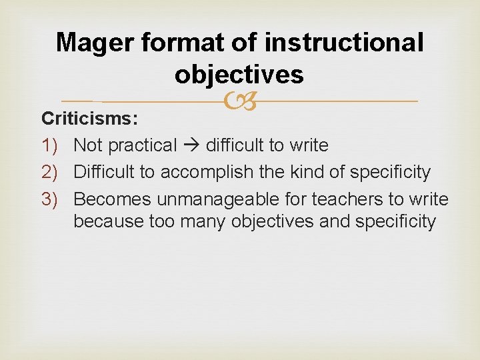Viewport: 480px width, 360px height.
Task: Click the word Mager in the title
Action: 95,43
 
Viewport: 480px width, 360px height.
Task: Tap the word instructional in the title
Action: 344,43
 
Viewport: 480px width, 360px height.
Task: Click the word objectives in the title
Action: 239,75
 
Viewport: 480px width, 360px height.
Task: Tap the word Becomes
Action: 112,199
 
